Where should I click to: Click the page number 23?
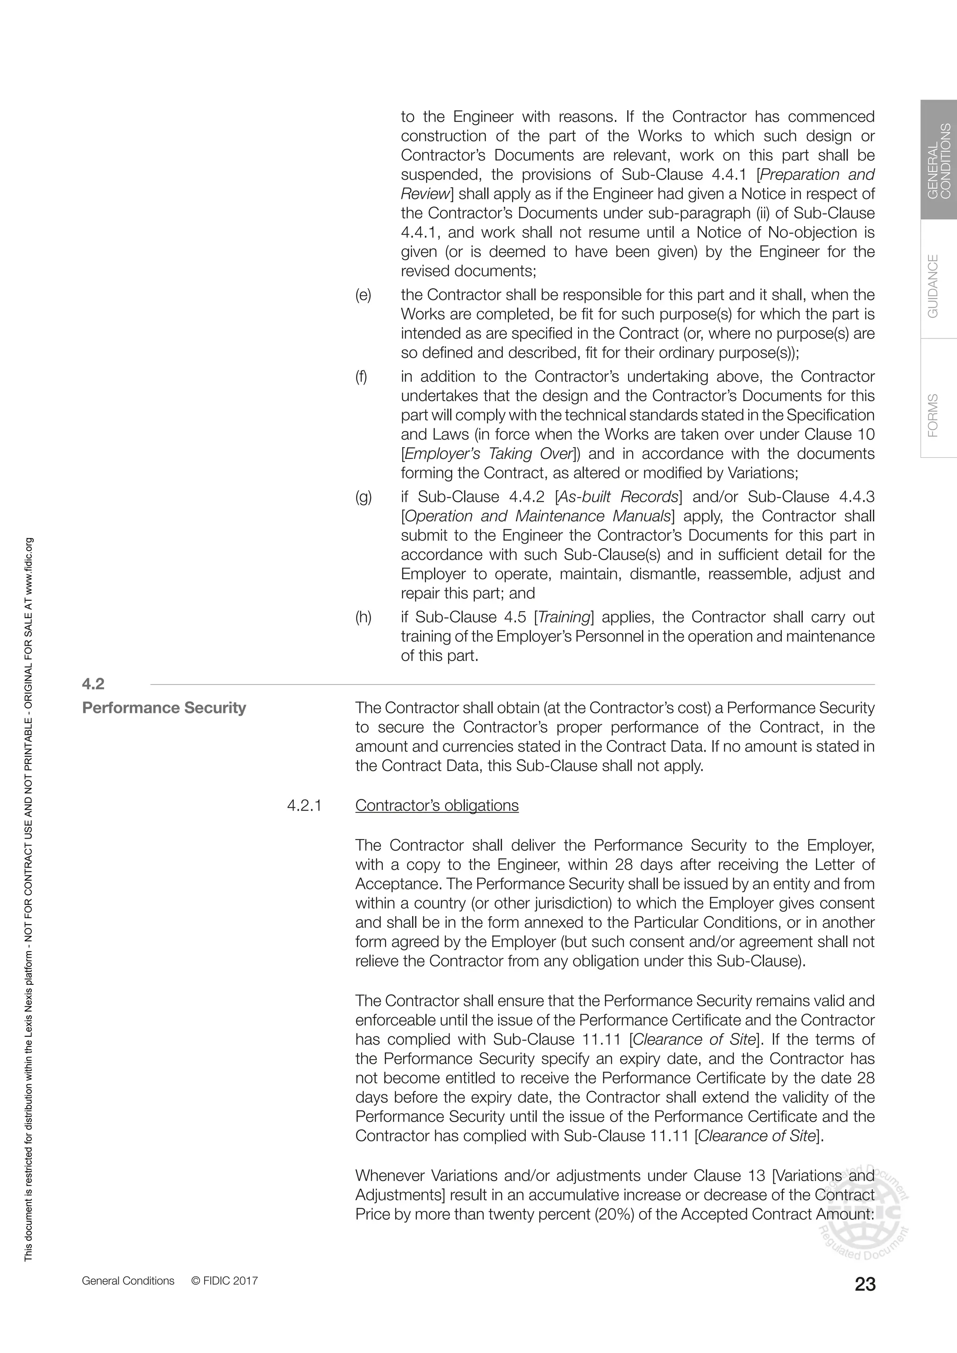(x=864, y=1283)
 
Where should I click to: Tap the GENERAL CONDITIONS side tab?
(x=939, y=160)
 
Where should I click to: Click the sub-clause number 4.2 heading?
(x=93, y=684)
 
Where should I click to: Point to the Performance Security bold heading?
(x=164, y=708)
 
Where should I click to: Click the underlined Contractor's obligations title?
(x=436, y=805)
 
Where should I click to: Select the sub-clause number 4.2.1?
(x=304, y=805)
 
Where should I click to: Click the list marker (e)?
(x=363, y=295)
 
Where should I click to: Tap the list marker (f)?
(x=361, y=377)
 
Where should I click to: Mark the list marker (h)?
(x=363, y=617)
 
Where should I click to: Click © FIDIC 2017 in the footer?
(x=224, y=1281)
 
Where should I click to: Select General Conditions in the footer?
(x=128, y=1281)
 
